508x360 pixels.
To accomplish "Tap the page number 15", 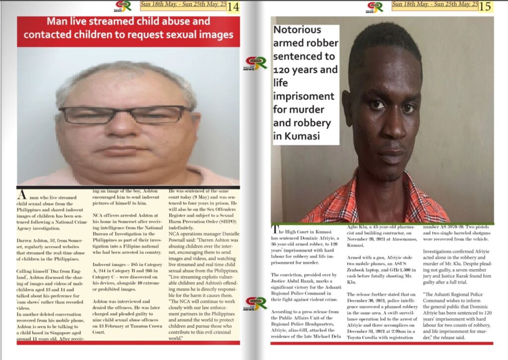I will tap(486, 6).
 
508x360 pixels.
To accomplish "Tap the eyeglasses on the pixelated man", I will tap(124, 115).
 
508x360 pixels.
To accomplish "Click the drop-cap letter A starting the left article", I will tap(21, 194).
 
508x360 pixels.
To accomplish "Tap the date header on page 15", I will tap(435, 5).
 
